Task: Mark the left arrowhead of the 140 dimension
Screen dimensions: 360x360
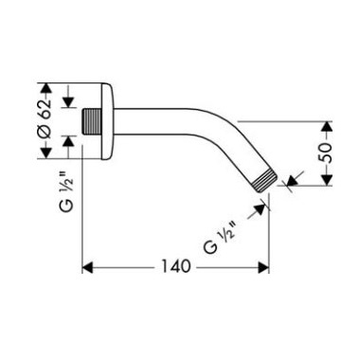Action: (x=91, y=267)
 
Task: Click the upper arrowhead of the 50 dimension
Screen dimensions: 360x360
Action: (x=328, y=126)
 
